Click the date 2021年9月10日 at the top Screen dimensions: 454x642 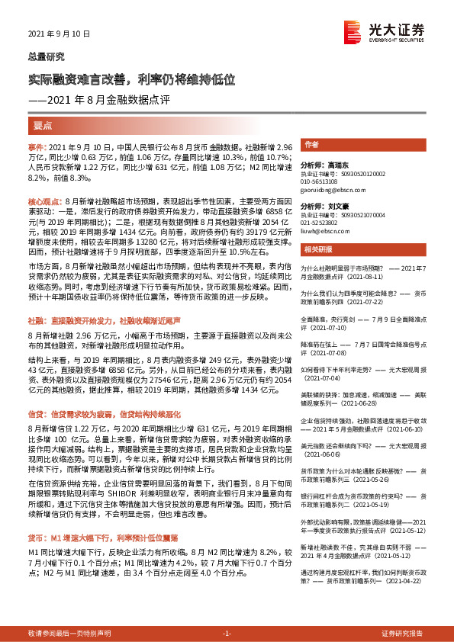point(60,34)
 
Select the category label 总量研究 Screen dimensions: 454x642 point(47,57)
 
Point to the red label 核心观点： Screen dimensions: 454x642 point(45,197)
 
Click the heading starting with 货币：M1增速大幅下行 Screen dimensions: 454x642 point(112,537)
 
